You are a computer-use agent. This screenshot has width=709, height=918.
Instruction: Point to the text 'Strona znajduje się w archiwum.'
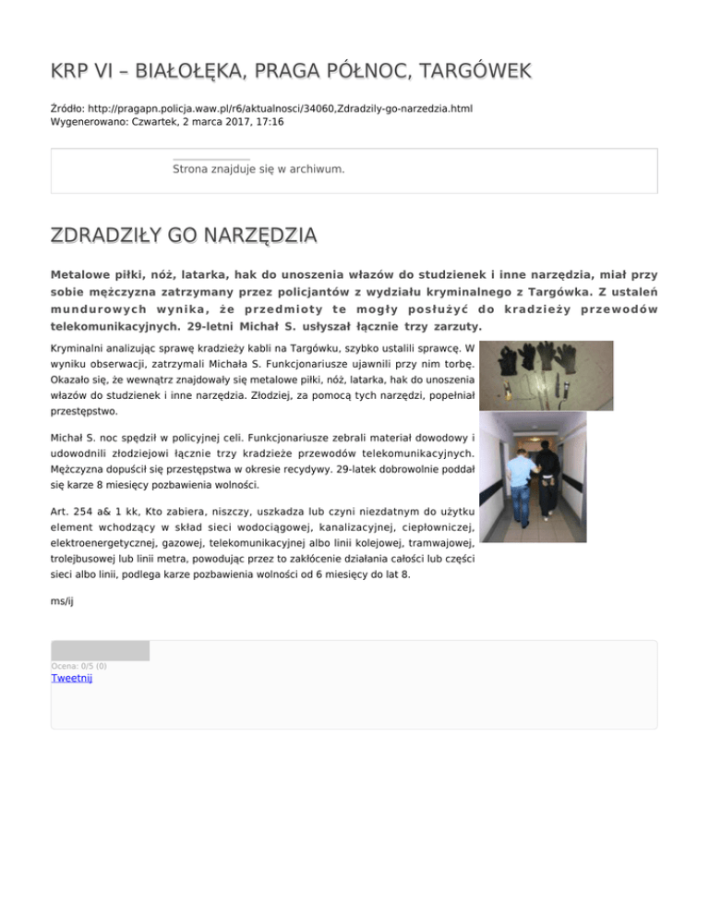[258, 169]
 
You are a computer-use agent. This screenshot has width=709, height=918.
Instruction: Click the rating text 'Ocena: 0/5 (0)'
[78, 665]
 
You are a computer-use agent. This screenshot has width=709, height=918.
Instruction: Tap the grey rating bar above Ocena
[100, 650]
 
